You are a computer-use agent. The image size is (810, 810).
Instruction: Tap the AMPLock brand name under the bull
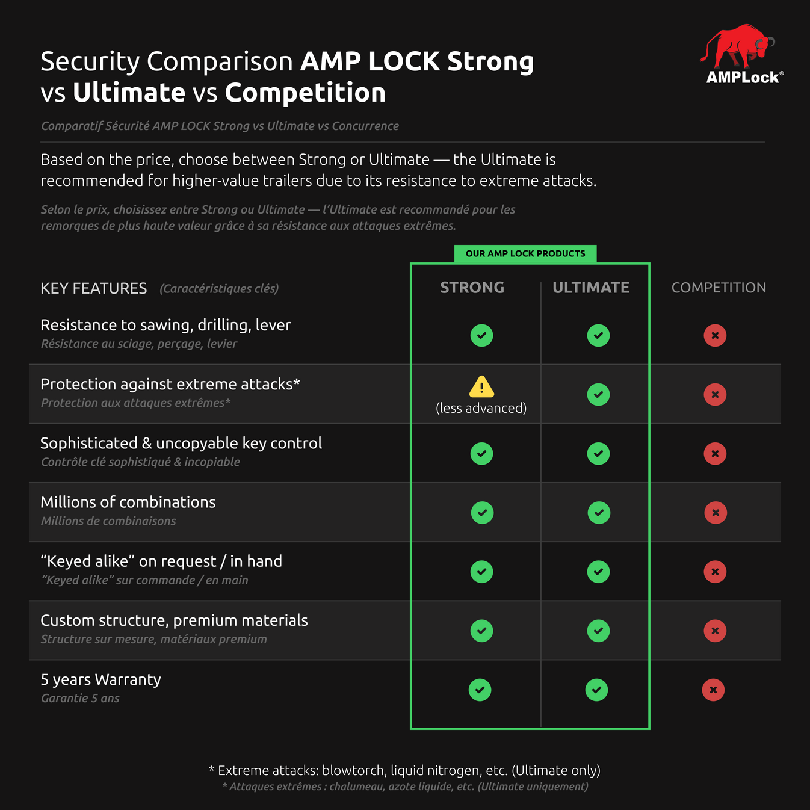(743, 78)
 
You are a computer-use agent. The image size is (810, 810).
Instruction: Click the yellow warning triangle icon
(481, 387)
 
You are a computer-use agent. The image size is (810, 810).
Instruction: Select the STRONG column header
(472, 288)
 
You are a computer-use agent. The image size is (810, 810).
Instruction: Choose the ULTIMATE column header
(591, 288)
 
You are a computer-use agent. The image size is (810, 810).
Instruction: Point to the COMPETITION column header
(719, 288)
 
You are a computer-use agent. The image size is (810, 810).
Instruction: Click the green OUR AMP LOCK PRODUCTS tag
(525, 253)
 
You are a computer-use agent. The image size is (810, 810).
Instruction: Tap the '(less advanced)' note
(481, 408)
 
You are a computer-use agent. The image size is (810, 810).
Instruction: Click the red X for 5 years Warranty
(713, 690)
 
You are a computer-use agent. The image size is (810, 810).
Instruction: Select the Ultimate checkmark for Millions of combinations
(599, 513)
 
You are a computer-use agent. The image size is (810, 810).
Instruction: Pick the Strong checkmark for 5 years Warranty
(480, 690)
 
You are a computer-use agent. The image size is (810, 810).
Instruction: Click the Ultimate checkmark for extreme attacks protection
(598, 395)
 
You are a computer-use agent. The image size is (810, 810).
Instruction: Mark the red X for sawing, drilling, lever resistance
(715, 335)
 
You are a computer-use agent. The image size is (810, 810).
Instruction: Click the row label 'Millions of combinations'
(128, 502)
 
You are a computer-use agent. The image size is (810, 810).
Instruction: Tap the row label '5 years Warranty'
(100, 679)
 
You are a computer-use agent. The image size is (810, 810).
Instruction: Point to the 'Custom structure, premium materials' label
(174, 620)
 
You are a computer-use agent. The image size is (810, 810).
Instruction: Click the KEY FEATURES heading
(93, 288)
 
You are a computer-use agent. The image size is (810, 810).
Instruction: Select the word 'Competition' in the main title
(305, 93)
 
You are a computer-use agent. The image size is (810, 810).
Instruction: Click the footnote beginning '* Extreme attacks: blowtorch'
(404, 770)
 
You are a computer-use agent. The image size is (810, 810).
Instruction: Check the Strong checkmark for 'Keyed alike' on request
(481, 572)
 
